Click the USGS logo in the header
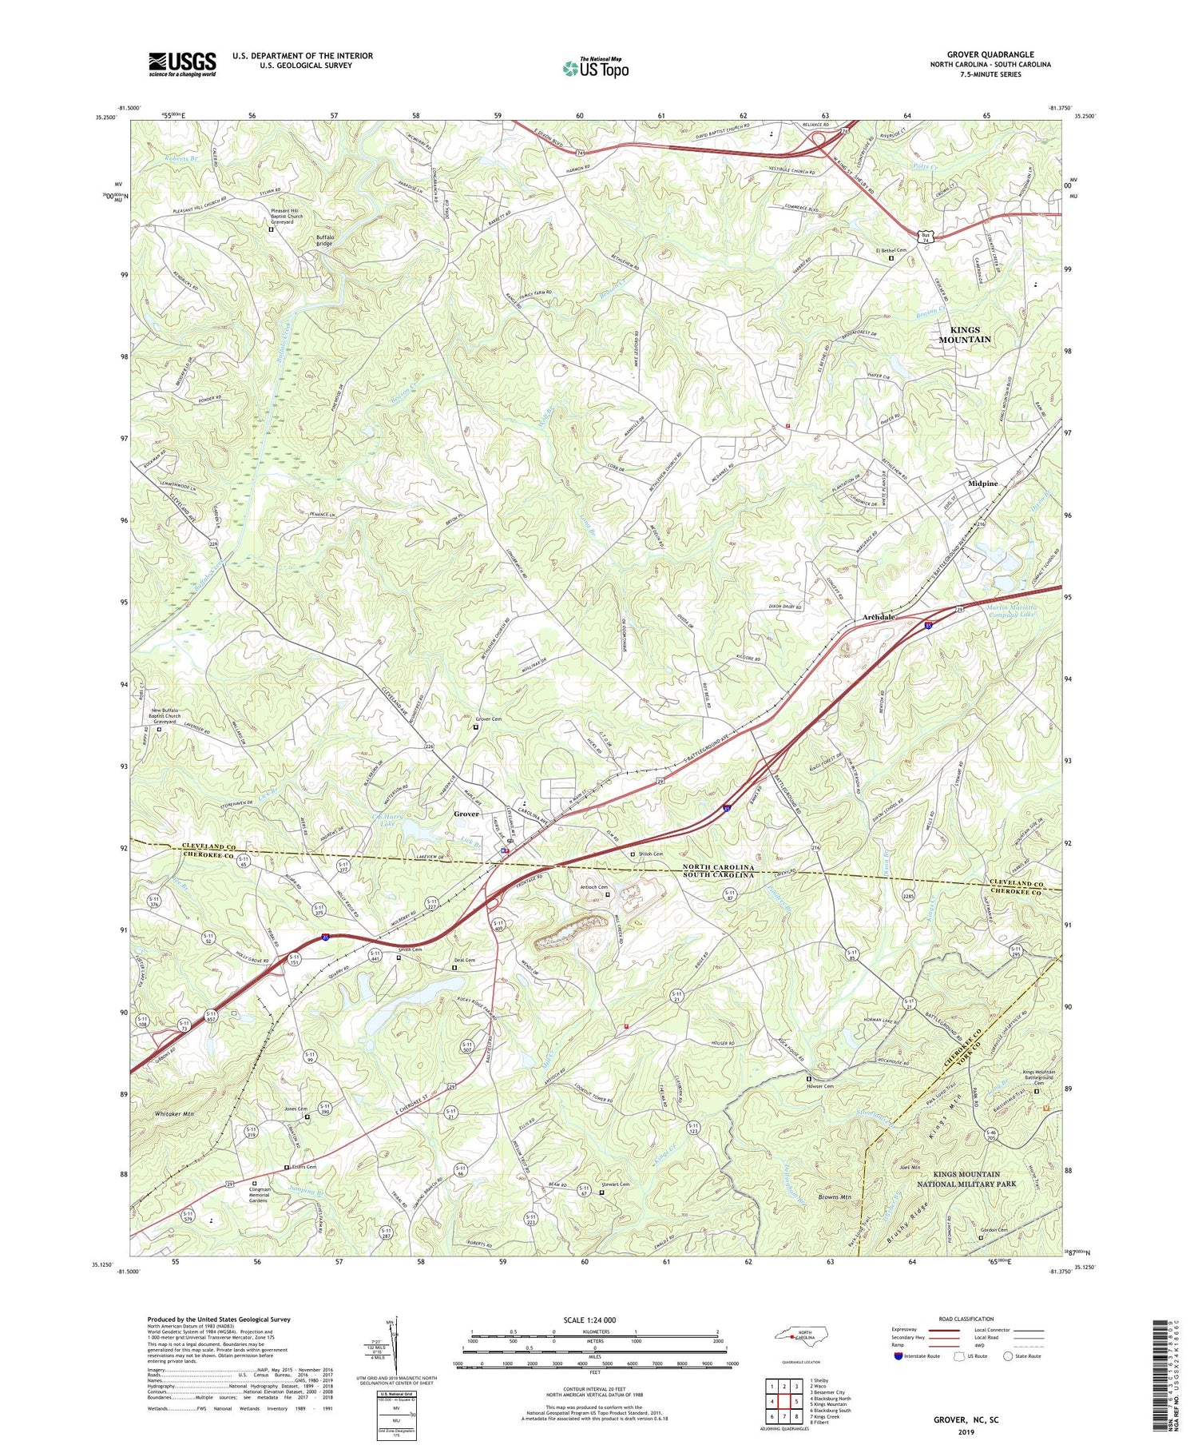182,64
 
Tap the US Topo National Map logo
596,68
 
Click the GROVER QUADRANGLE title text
998,54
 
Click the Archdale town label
879,618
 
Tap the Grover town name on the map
466,814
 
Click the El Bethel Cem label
888,249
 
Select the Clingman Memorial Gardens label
257,1195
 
